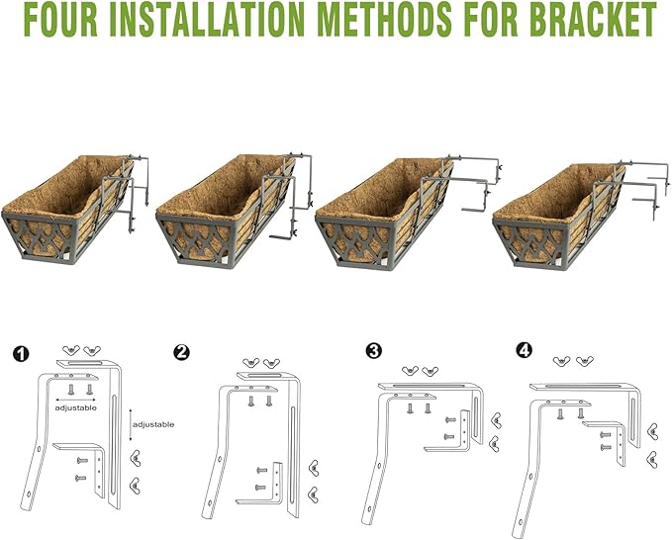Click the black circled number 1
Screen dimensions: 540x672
click(22, 353)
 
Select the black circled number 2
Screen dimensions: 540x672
click(181, 352)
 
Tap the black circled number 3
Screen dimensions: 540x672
click(373, 350)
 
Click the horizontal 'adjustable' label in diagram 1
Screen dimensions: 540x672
click(76, 407)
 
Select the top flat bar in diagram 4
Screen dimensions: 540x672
click(584, 385)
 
